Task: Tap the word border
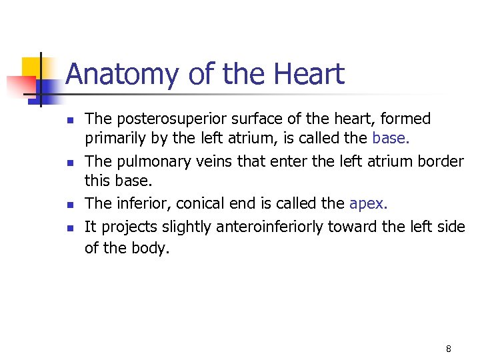pyautogui.click(x=440, y=161)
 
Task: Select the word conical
pyautogui.click(x=199, y=204)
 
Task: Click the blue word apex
pyautogui.click(x=367, y=204)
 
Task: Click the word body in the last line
pyautogui.click(x=151, y=248)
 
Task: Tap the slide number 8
pyautogui.click(x=448, y=349)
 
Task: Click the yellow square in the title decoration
pyautogui.click(x=31, y=67)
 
